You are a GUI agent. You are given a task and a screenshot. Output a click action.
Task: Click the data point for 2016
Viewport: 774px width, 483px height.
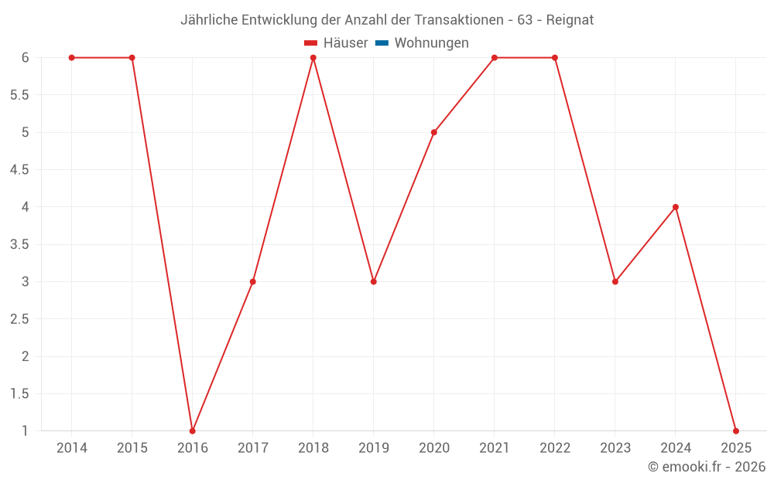point(193,430)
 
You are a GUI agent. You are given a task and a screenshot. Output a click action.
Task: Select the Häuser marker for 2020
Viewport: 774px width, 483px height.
point(434,132)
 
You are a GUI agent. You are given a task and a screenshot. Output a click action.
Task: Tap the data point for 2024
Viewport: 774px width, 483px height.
point(676,207)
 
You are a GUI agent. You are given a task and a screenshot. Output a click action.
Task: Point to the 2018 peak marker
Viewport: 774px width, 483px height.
point(313,58)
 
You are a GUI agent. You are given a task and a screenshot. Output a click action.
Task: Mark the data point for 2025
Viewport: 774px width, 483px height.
point(735,430)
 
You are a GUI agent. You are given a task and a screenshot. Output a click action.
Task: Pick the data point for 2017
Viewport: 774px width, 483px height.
point(253,281)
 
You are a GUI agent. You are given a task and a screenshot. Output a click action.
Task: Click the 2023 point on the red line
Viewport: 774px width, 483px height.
point(615,281)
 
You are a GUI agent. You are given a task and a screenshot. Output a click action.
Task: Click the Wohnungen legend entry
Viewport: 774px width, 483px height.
point(431,43)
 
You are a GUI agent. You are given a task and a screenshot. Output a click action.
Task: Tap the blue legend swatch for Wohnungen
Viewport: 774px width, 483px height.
point(382,43)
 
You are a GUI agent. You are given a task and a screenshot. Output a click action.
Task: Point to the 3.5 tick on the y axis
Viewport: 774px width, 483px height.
point(19,244)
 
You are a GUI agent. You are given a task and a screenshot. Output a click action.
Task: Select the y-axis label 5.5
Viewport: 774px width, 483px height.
point(19,95)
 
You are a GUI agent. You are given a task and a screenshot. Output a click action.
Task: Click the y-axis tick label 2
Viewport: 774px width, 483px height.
point(26,356)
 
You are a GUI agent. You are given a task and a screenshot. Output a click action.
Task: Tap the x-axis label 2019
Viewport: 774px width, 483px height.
point(374,448)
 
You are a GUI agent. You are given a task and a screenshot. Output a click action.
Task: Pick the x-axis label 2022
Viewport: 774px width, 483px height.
point(555,448)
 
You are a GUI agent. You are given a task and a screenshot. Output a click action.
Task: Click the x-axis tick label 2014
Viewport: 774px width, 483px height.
point(72,448)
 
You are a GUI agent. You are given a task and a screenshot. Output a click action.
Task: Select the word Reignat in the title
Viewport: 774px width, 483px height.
point(570,20)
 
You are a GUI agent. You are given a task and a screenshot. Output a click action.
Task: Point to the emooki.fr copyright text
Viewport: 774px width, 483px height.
point(707,467)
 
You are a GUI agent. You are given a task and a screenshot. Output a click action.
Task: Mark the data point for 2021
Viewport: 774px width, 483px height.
point(495,58)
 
